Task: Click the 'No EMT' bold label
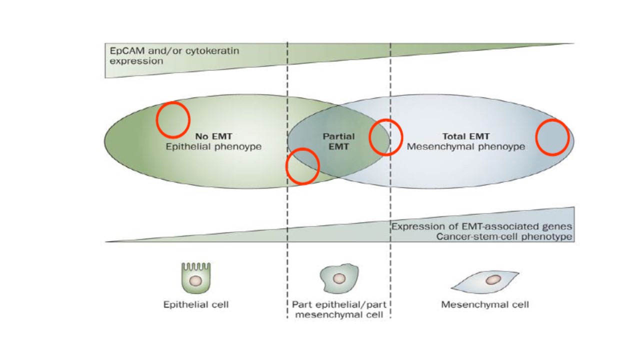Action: click(213, 136)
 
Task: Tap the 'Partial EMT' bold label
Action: click(338, 141)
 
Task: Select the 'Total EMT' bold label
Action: click(466, 136)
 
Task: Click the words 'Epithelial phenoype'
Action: click(213, 147)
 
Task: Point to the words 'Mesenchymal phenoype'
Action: click(466, 147)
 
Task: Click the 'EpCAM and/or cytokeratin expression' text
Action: click(174, 55)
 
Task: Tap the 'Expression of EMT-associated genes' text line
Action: click(481, 226)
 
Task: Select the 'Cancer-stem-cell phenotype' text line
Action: click(504, 237)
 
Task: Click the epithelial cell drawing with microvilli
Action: click(196, 278)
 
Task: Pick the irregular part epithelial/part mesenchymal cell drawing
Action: click(339, 278)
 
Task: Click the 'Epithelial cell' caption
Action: click(196, 304)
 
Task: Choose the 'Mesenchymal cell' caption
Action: click(485, 304)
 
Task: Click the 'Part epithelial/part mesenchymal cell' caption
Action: click(339, 309)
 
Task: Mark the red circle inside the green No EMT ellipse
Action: click(156, 119)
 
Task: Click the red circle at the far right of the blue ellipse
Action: click(536, 137)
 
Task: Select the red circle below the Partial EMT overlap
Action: click(286, 166)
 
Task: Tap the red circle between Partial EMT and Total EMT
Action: click(369, 137)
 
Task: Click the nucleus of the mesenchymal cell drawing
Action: click(493, 279)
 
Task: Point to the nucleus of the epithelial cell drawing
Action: click(195, 281)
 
